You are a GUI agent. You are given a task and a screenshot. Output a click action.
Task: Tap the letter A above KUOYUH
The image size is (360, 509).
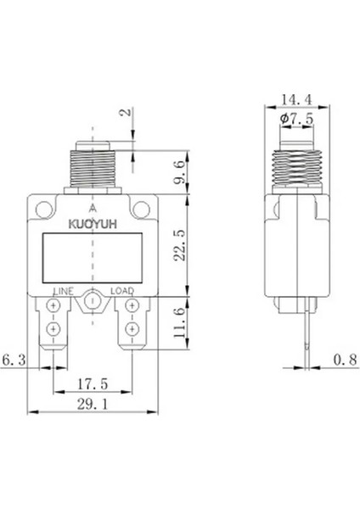92,207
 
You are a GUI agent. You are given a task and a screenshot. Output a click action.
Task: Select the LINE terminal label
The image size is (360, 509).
64,291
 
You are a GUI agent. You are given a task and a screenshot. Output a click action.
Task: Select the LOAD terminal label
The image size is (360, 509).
122,291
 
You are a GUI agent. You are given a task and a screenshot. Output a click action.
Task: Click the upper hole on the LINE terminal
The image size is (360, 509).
53,311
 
